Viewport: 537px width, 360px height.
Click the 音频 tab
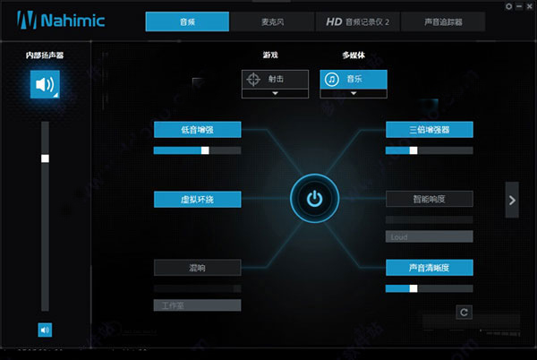(x=187, y=21)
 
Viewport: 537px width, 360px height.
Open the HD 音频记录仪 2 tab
(x=357, y=21)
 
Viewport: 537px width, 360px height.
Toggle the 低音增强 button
(x=197, y=130)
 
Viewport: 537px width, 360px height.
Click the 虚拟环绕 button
(x=197, y=198)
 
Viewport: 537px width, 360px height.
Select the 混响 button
(x=197, y=267)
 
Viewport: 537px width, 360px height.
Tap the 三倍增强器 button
(x=429, y=130)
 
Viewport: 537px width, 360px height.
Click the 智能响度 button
(x=429, y=198)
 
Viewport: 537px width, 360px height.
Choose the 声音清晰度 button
(x=429, y=267)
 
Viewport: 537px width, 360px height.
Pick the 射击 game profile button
(x=275, y=79)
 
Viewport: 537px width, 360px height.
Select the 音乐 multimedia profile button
(x=354, y=79)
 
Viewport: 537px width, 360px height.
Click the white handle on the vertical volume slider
(x=45, y=159)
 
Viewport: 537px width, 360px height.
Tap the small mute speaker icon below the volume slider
(x=45, y=329)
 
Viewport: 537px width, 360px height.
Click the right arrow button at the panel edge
(x=512, y=200)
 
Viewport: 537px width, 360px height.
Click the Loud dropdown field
(x=429, y=236)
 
